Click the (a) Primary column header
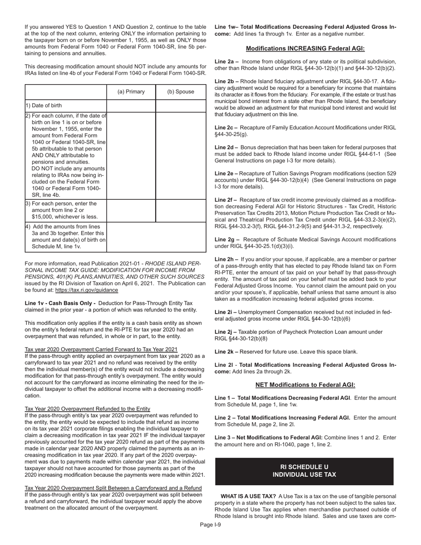pyautogui.click(x=131, y=92)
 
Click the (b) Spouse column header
pyautogui.click(x=180, y=92)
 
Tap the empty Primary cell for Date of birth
pyautogui.click(x=131, y=105)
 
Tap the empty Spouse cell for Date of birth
pyautogui.click(x=180, y=105)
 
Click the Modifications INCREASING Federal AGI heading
pyautogui.click(x=305, y=48)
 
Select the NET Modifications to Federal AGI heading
pyautogui.click(x=305, y=385)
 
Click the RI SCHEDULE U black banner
pyautogui.click(x=304, y=471)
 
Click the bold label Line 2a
pyautogui.click(x=226, y=62)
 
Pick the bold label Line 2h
pyautogui.click(x=226, y=259)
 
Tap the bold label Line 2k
pyautogui.click(x=226, y=352)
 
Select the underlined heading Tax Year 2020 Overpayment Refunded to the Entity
pyautogui.click(x=87, y=409)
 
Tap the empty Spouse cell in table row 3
pyautogui.click(x=180, y=210)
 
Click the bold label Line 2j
pyautogui.click(x=226, y=332)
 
